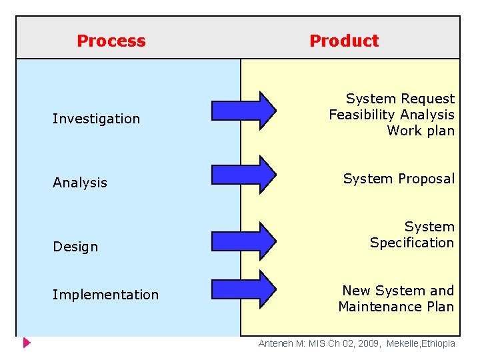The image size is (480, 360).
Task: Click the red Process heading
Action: [111, 41]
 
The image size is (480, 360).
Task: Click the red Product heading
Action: [344, 41]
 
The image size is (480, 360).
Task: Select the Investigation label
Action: [97, 119]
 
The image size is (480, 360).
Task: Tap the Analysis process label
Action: [80, 183]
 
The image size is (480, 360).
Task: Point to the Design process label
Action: [75, 247]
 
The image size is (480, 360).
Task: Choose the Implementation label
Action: [105, 295]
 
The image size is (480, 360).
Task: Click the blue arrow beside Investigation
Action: [243, 110]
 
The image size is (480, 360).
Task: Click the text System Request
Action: [400, 99]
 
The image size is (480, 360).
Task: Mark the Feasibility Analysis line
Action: [391, 115]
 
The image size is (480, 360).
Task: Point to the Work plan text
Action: [421, 131]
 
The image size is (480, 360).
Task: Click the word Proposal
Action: [426, 179]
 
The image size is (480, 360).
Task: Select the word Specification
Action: [411, 243]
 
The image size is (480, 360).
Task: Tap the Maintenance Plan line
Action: [396, 307]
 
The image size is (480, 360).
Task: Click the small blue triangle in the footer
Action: [27, 344]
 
